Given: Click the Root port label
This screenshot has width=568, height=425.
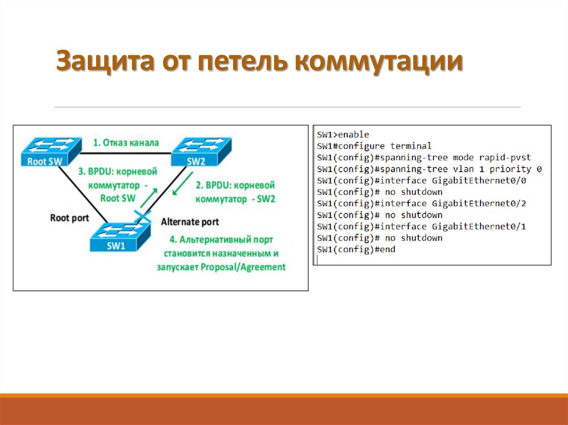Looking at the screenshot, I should pos(69,218).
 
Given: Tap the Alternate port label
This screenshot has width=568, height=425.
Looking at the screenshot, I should pos(190,222).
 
